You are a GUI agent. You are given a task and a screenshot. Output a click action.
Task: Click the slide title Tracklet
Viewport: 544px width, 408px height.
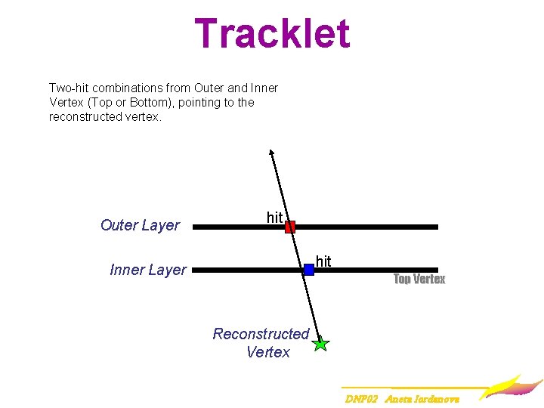coord(272,34)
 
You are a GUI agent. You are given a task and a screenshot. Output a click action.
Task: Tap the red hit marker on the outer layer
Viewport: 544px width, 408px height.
coord(289,226)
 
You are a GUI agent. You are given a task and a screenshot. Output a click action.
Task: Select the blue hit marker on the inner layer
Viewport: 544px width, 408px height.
coord(308,269)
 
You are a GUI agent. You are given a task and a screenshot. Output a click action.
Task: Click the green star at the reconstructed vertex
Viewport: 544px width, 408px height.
coord(321,344)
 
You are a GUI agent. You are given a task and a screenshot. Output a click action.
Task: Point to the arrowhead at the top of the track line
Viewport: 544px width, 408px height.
coord(271,153)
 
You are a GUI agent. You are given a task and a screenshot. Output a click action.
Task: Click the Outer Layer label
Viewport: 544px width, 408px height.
coord(140,225)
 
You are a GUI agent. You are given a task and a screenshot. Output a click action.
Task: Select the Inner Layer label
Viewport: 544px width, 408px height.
coord(148,270)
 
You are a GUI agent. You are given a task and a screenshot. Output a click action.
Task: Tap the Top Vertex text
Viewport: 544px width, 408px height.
coord(419,279)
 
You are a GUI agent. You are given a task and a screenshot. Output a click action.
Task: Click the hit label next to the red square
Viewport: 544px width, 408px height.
coord(274,218)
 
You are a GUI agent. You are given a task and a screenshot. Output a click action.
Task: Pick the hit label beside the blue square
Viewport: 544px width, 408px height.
coord(323,261)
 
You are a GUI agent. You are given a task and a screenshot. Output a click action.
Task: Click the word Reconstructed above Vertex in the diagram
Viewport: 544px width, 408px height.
coord(261,334)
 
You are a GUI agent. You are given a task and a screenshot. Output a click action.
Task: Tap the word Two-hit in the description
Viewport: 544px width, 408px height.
coord(70,88)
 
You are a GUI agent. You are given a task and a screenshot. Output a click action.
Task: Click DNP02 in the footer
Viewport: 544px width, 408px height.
coord(361,398)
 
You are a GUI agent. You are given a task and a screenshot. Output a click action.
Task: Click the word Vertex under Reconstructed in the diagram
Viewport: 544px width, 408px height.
coord(268,352)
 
